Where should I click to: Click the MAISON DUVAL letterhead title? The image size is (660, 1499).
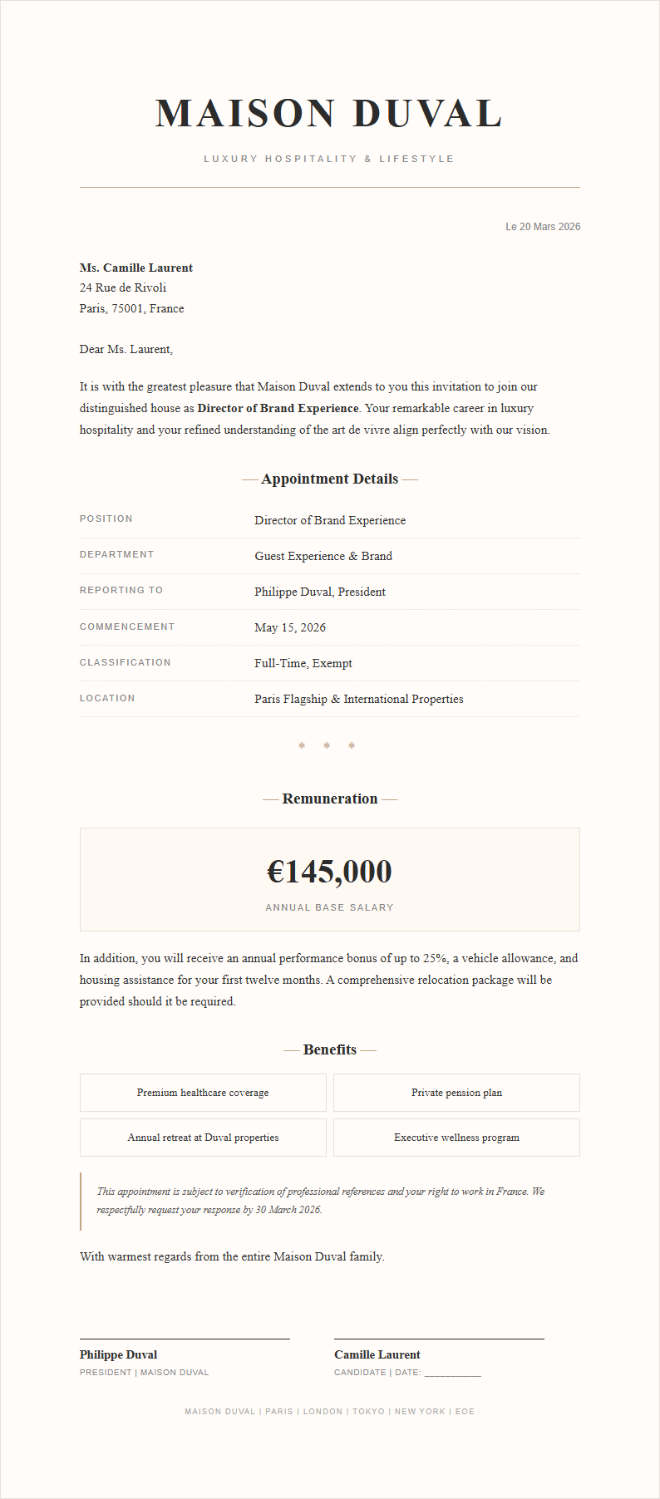point(329,114)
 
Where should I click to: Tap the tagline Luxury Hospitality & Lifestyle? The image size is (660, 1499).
point(329,159)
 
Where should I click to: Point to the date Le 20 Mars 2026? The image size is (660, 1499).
point(543,227)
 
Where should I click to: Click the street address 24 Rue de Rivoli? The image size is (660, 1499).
point(123,288)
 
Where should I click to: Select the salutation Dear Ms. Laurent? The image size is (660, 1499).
point(126,349)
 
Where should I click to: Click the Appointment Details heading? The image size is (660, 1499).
point(329,479)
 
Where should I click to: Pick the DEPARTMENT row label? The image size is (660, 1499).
point(116,554)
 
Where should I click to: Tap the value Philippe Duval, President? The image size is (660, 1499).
point(320,592)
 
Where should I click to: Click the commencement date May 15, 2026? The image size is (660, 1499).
point(290,627)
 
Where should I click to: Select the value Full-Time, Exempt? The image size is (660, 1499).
point(303,663)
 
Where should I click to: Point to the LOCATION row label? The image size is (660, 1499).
point(107,698)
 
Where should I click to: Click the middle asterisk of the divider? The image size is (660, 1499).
point(327,746)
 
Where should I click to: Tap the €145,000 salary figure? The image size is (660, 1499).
point(329,871)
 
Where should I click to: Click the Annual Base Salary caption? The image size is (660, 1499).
point(329,907)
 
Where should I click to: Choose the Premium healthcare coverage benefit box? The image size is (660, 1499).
point(203,1093)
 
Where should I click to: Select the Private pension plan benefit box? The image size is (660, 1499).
point(456,1093)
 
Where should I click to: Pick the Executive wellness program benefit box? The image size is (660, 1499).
point(456,1138)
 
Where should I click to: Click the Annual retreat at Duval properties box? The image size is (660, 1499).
point(203,1138)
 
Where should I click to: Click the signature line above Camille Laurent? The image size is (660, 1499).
point(439,1339)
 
